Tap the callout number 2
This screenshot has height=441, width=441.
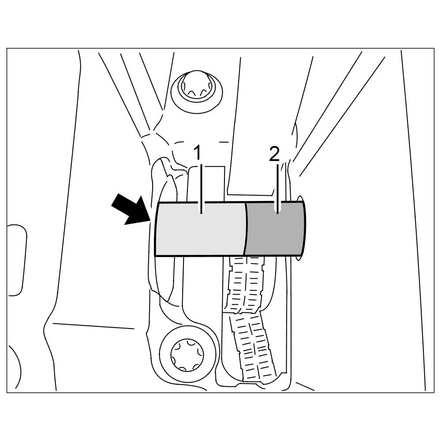274,154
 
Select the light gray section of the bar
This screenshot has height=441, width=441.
201,229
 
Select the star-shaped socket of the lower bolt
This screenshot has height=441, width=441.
188,353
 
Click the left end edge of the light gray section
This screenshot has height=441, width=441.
156,229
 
